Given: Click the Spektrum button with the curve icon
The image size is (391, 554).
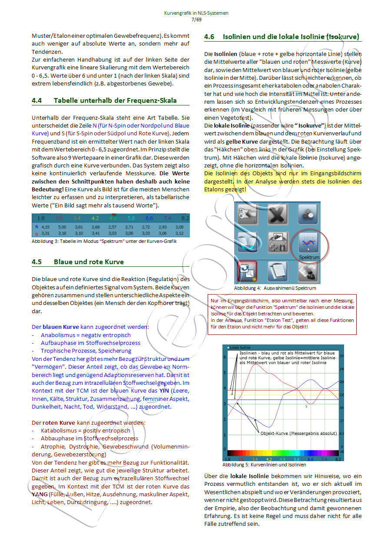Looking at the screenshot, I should [309, 245].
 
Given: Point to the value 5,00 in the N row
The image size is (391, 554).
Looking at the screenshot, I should [62, 226].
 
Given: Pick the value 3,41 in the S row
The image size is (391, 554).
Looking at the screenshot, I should [96, 233].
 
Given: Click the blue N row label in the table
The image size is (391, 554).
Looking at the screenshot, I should [37, 226].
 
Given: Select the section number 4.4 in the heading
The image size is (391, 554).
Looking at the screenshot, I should [37, 101].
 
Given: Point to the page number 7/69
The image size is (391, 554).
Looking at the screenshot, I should [196, 20].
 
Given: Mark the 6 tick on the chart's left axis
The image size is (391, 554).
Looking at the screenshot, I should [225, 357].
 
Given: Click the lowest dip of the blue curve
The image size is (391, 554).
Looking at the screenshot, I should [269, 427].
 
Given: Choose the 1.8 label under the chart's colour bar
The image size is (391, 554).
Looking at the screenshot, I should [227, 459].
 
